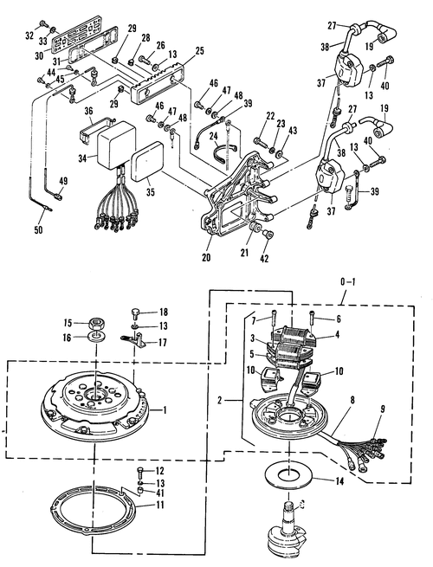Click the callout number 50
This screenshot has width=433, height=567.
pyautogui.click(x=38, y=229)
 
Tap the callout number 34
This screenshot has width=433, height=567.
pyautogui.click(x=83, y=158)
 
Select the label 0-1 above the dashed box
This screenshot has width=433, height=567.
pyautogui.click(x=348, y=281)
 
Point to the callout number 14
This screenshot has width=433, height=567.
pyautogui.click(x=339, y=481)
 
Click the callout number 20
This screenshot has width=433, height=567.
pyautogui.click(x=206, y=257)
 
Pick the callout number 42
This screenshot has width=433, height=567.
pyautogui.click(x=264, y=259)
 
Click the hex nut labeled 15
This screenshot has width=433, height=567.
pyautogui.click(x=97, y=323)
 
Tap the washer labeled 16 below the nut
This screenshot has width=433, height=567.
pyautogui.click(x=97, y=338)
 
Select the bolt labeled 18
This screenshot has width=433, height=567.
pyautogui.click(x=135, y=313)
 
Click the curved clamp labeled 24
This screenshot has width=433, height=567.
pyautogui.click(x=224, y=152)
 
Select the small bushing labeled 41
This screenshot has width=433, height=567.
pyautogui.click(x=140, y=491)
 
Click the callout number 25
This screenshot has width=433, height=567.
pyautogui.click(x=199, y=52)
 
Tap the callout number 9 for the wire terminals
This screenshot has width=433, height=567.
pyautogui.click(x=383, y=409)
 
